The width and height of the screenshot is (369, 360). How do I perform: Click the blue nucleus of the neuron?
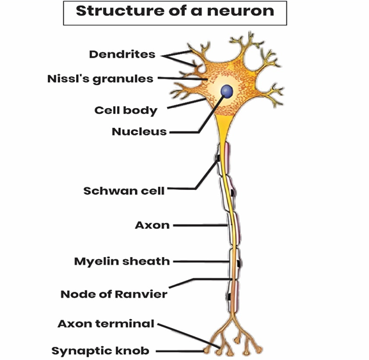227,91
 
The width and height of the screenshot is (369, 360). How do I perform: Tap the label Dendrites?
122,54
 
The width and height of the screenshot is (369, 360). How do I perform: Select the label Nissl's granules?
100,79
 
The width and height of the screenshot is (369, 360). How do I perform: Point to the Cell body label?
126,111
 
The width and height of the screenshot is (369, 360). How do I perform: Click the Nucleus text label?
139,132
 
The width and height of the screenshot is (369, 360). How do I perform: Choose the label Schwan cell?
124,191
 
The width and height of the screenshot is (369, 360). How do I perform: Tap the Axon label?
152,225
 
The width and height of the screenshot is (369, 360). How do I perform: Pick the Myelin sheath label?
122,262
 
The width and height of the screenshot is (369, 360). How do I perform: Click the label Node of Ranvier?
114,294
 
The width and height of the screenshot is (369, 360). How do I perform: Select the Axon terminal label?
106,324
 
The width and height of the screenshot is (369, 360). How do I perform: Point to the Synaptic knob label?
100,351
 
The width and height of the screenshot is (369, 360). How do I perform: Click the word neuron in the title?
240,11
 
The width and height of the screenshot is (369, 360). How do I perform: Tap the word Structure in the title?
120,11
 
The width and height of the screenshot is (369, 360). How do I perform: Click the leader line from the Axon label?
201,225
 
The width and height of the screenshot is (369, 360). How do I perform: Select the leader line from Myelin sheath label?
201,262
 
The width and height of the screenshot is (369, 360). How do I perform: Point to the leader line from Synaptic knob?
181,351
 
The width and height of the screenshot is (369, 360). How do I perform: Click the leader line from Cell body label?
187,104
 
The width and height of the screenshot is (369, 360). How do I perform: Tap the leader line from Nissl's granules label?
183,79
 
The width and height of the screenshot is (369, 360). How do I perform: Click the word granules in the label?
123,79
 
